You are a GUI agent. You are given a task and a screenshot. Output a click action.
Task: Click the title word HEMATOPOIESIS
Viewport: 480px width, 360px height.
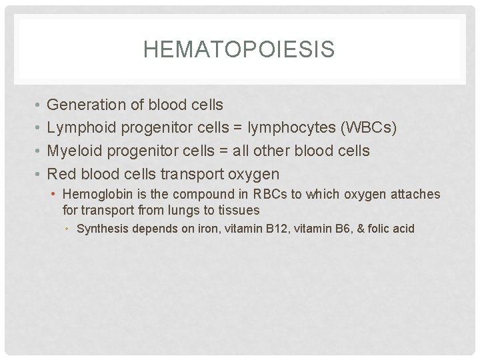point(239,50)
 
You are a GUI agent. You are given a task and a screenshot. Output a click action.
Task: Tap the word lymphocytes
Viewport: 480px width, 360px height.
point(300,128)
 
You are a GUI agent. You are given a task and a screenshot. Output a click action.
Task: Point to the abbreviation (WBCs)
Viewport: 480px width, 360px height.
point(373,128)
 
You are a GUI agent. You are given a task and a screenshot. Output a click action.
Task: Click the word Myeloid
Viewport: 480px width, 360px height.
point(74,151)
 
